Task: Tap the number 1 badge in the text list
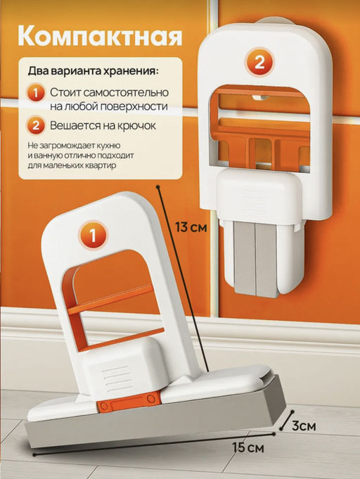[36, 93]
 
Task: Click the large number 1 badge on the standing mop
[95, 234]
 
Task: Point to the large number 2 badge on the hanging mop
[259, 62]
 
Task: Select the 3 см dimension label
[302, 426]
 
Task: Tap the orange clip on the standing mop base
[129, 404]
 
